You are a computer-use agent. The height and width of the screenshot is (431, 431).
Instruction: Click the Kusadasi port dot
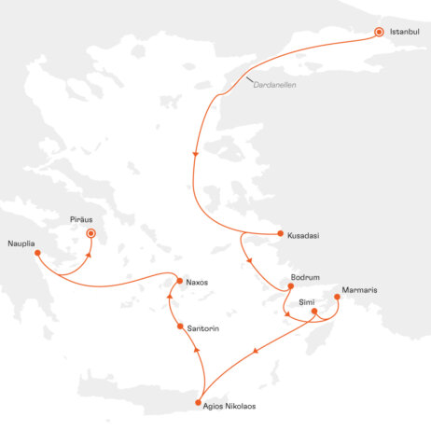point(280,234)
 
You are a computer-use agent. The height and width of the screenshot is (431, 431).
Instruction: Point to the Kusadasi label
point(304,235)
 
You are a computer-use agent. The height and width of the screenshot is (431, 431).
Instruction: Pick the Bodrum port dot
point(291,285)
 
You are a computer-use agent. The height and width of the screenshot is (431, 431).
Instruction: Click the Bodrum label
point(306,276)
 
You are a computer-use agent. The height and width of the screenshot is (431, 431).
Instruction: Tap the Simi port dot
point(314,312)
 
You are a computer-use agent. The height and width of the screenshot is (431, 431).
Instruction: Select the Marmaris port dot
point(337,299)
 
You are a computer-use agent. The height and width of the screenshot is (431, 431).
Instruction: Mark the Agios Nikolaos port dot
point(198,402)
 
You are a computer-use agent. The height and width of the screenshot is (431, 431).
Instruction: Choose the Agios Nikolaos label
point(229,406)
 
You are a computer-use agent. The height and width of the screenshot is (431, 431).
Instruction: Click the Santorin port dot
point(178,326)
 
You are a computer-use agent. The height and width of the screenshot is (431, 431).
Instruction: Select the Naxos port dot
point(180,281)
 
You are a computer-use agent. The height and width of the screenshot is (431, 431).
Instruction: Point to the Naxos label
point(200,282)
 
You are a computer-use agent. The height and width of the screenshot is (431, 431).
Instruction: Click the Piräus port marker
point(90,233)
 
